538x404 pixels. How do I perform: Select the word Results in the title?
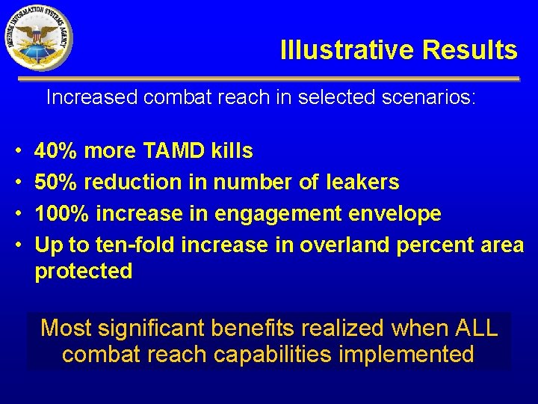click(469, 50)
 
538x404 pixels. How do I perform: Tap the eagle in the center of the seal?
click(37, 35)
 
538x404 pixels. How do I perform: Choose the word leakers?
click(362, 182)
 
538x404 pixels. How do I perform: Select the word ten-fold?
click(134, 245)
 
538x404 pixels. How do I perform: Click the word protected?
click(84, 271)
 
